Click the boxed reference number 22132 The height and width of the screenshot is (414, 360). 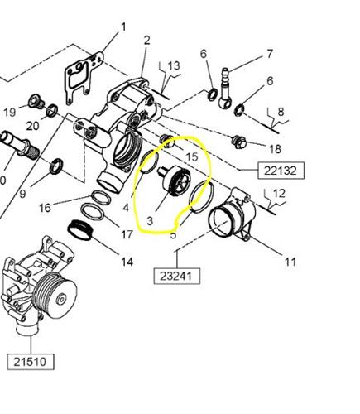click(281, 171)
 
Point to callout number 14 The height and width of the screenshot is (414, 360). click(127, 262)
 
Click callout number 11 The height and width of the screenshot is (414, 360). click(290, 262)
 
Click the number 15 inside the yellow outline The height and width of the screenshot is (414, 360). click(191, 156)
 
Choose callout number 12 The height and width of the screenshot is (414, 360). click(278, 195)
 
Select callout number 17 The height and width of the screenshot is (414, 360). click(127, 234)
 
